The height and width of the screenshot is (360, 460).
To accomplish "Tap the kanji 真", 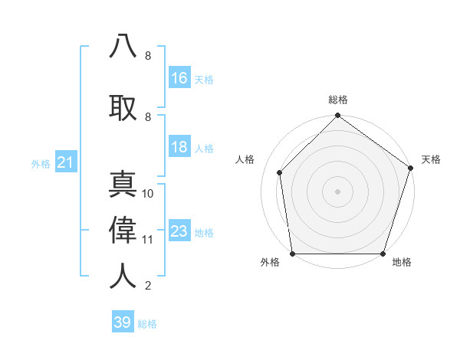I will click(123, 185).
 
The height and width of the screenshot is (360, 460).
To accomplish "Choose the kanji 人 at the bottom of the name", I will click(123, 275).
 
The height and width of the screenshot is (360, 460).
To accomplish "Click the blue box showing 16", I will click(179, 77).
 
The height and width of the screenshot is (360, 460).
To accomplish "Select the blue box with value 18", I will click(179, 147).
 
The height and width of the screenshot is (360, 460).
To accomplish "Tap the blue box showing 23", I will click(179, 231).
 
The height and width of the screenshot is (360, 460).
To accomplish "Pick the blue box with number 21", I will click(65, 162).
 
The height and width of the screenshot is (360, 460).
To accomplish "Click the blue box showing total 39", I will click(123, 322).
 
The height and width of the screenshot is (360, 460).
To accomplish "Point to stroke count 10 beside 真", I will click(148, 194).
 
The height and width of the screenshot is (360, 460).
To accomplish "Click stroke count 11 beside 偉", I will click(148, 239).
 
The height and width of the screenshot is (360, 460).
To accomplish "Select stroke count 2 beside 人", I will click(148, 286).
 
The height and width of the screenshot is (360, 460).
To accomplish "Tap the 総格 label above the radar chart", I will click(338, 100).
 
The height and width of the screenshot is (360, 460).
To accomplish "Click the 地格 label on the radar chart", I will click(402, 263).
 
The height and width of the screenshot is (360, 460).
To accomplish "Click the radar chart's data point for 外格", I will click(292, 253).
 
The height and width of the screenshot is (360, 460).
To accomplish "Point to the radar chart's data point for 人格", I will click(280, 172).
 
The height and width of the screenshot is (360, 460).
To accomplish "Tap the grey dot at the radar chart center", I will click(338, 191).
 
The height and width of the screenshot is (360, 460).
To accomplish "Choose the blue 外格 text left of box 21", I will click(41, 163).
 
